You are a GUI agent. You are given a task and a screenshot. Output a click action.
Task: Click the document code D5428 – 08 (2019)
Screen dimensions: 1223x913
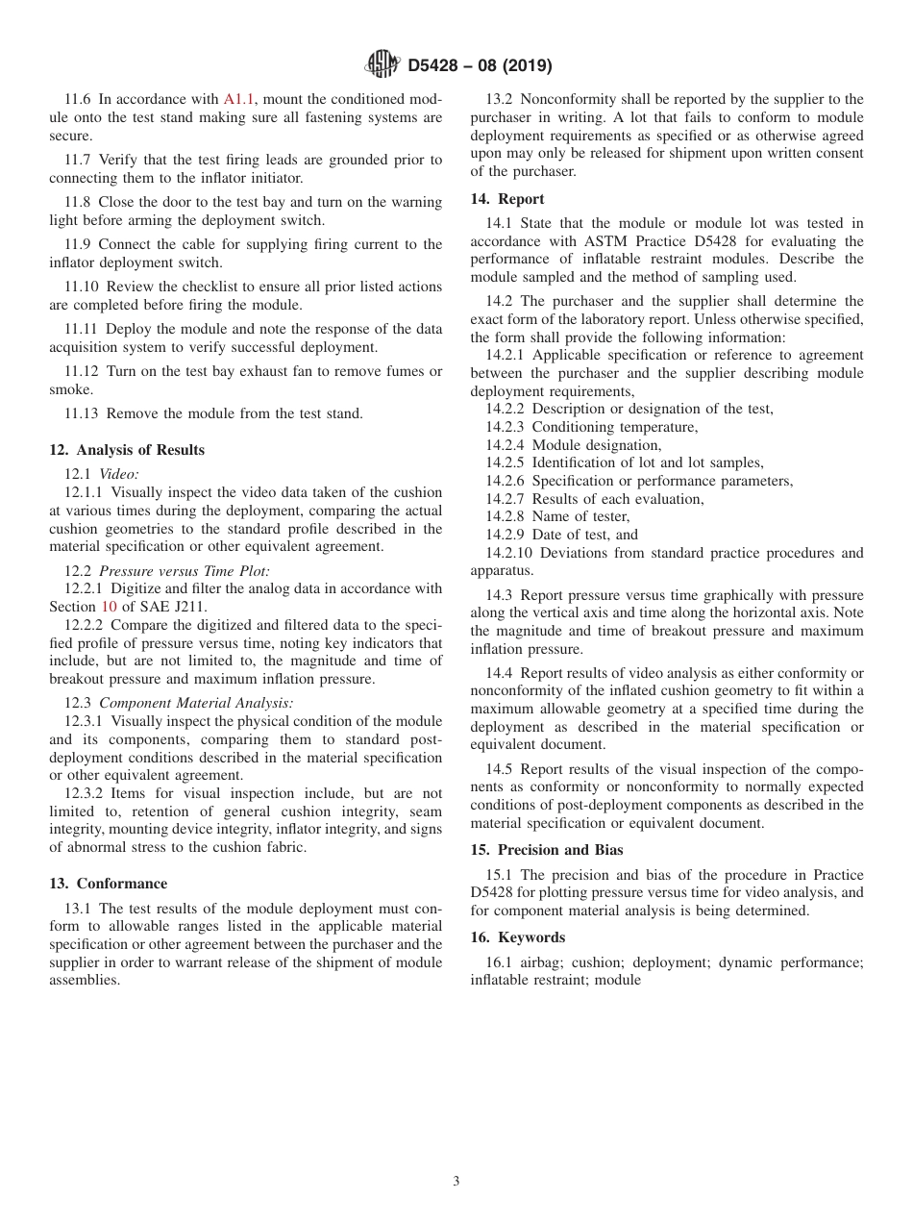point(480,66)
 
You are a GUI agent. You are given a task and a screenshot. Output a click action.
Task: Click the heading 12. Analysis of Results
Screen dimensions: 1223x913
point(127,450)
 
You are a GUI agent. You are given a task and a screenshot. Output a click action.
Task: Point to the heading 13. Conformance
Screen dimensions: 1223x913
point(108,884)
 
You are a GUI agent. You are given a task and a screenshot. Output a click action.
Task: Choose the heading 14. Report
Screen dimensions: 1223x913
point(506,199)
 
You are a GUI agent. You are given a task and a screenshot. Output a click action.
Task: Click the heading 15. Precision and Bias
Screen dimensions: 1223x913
point(546,850)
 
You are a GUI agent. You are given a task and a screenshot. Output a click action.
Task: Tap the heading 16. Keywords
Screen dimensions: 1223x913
point(517,937)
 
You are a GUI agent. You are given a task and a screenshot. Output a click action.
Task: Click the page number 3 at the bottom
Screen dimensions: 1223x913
point(456,1182)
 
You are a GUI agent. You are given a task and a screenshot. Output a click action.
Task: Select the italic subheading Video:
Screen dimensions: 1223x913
point(119,473)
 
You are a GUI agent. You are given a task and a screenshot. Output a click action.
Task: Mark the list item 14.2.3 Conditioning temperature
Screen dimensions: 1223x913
point(591,427)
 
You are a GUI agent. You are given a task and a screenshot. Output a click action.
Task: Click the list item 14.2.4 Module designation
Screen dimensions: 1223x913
point(573,445)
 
